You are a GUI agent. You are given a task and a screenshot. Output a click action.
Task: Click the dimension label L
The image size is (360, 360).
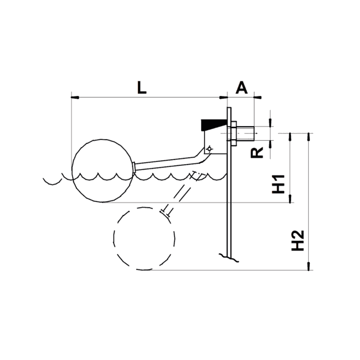tap(142, 87)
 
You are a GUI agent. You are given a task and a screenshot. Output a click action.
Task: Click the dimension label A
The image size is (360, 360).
tap(242, 87)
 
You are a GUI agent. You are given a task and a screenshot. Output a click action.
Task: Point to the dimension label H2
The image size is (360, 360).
tap(298, 240)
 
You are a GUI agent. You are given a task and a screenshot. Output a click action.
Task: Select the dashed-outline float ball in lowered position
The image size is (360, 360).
tap(144, 239)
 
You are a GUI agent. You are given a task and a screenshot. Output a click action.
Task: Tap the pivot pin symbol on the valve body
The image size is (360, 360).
tap(209, 149)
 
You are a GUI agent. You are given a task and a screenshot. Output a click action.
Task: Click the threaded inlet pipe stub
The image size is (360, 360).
tap(246, 133)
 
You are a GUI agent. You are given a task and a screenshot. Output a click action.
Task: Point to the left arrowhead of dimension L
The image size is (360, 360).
tap(75, 97)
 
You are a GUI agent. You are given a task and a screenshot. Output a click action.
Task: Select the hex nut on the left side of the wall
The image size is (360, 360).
tap(225, 134)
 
